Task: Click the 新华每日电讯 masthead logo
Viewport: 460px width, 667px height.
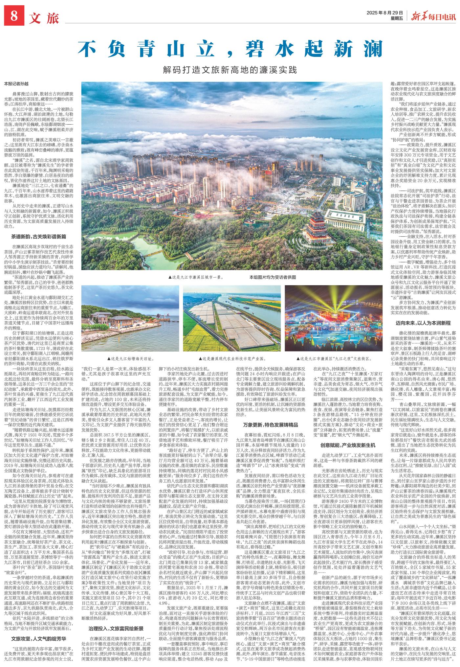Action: click(433, 15)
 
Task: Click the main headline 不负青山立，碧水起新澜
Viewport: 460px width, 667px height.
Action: click(230, 49)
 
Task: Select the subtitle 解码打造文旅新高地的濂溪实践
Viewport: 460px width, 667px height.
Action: click(230, 70)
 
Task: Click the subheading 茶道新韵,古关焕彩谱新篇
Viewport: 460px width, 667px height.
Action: click(39, 236)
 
